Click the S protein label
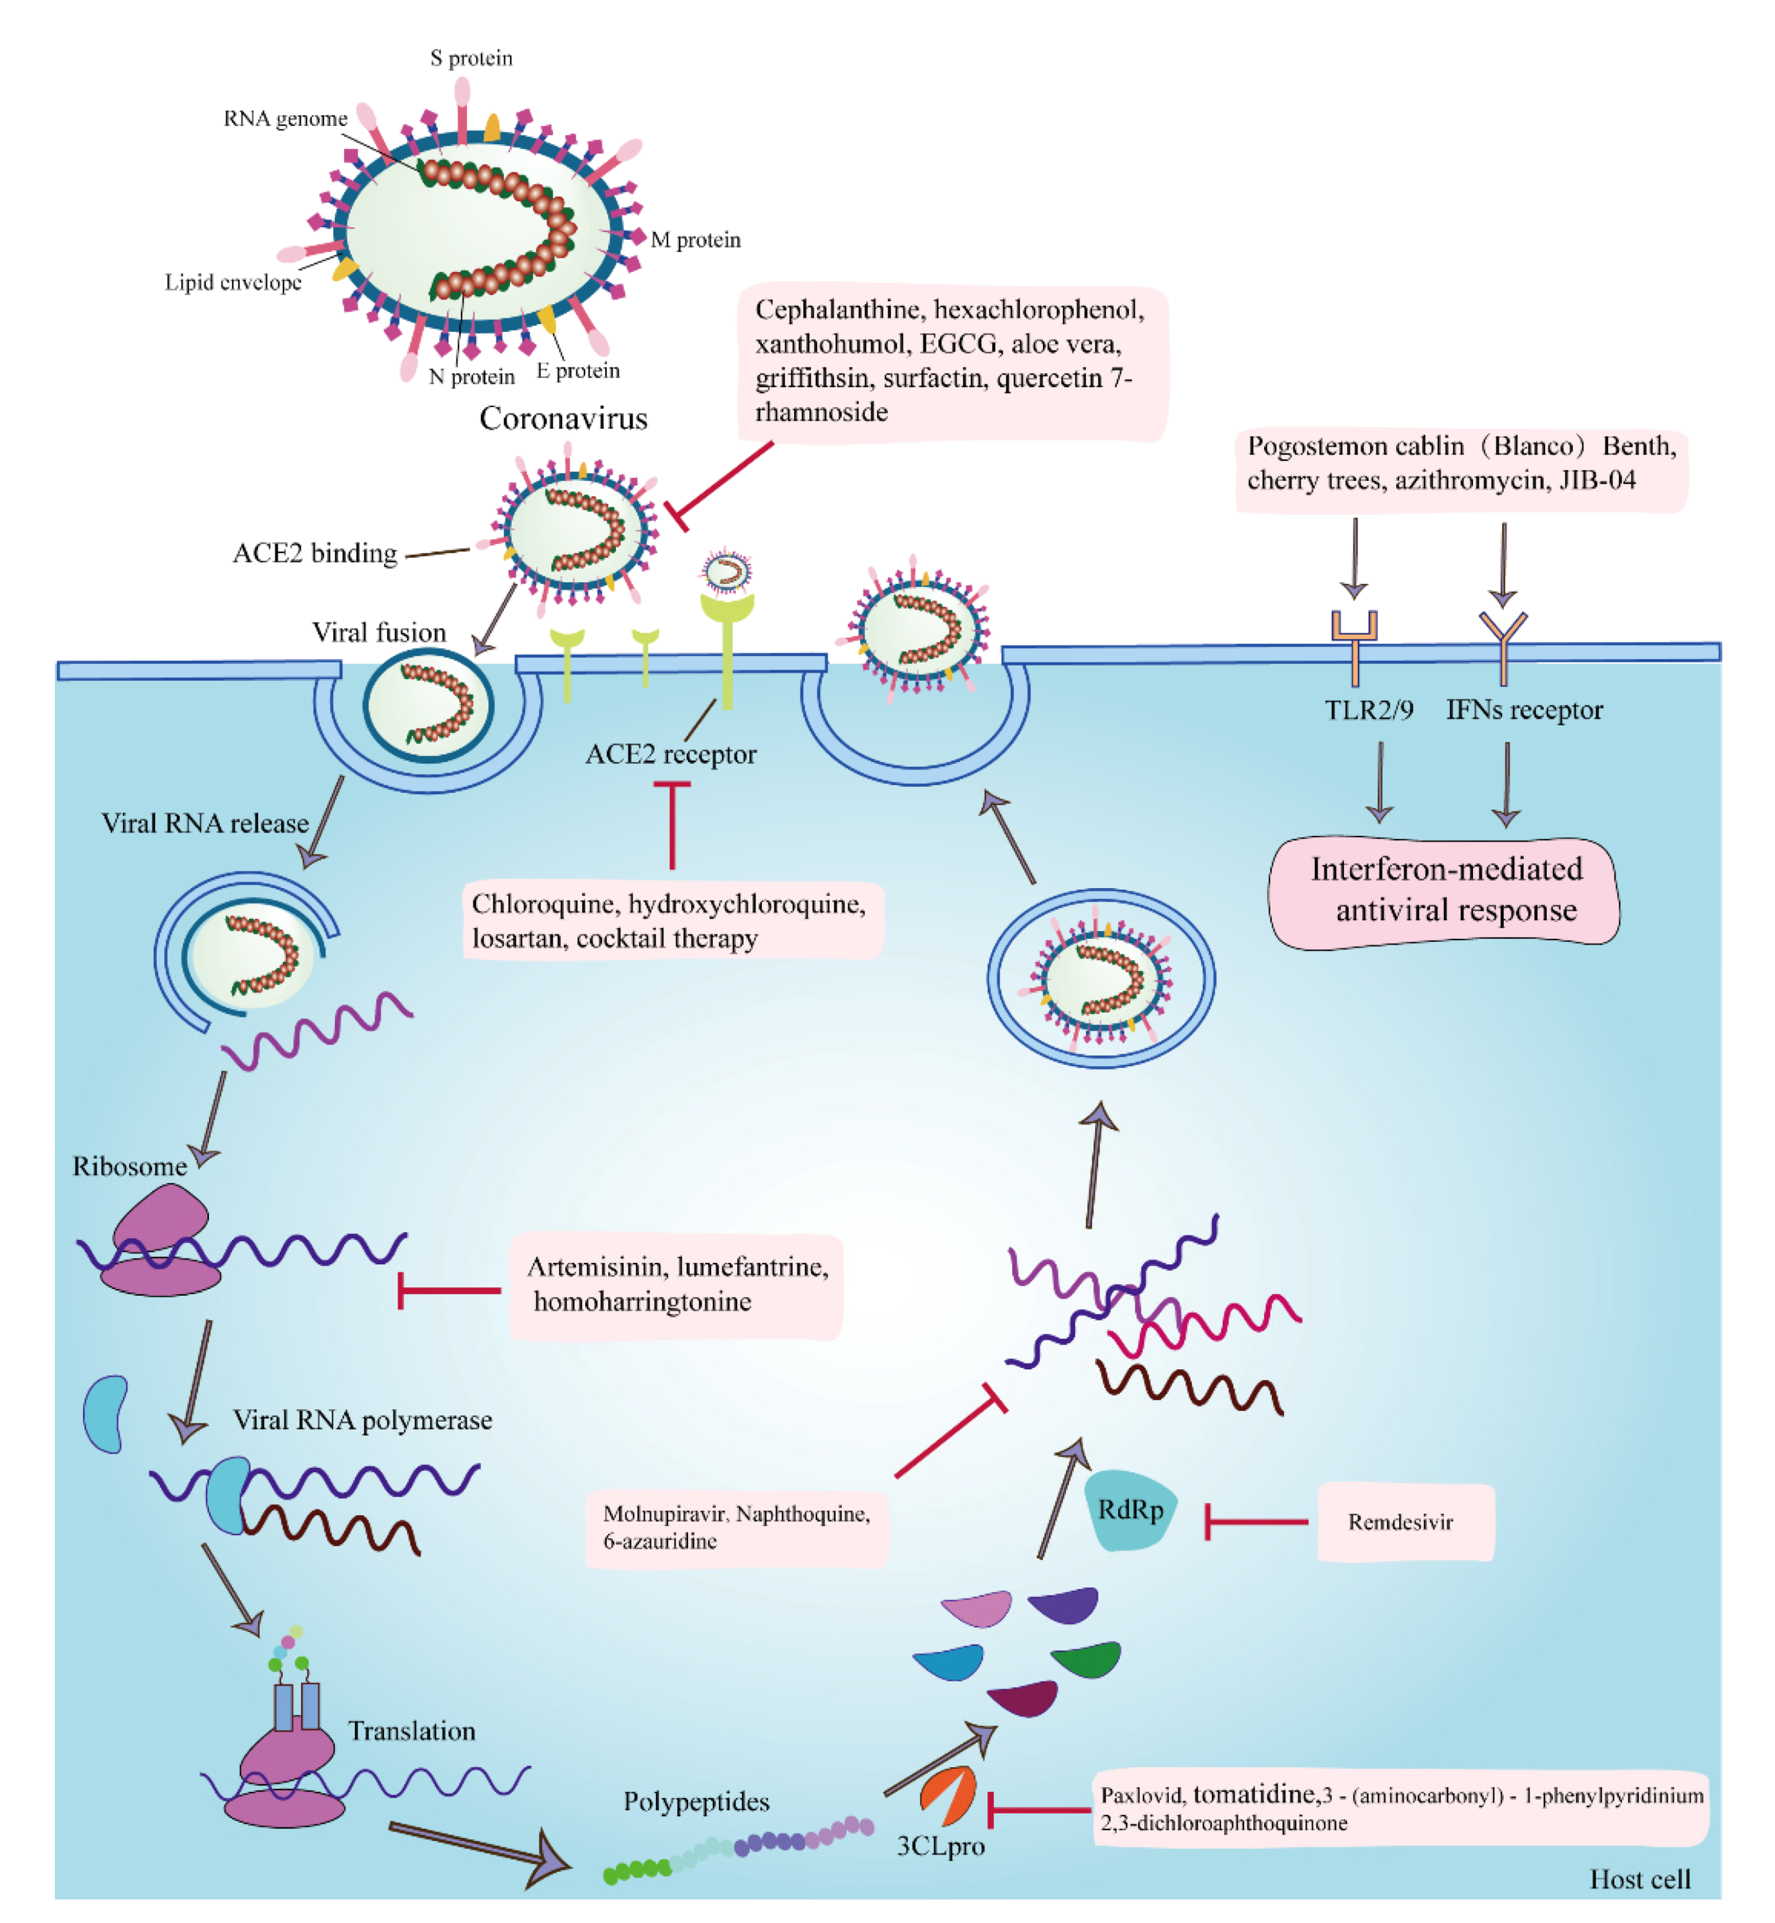471,58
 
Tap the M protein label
695,239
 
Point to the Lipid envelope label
233,282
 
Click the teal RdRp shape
1130,1509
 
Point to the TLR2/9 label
1368,710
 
